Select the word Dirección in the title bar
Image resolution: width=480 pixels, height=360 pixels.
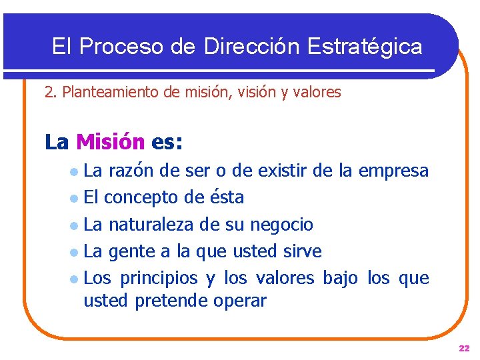(x=253, y=46)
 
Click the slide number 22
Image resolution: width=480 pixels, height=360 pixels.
(x=464, y=349)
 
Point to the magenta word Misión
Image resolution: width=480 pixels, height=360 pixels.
(x=110, y=142)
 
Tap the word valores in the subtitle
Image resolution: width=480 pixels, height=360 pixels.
(x=317, y=93)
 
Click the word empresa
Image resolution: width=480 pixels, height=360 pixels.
(x=393, y=171)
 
